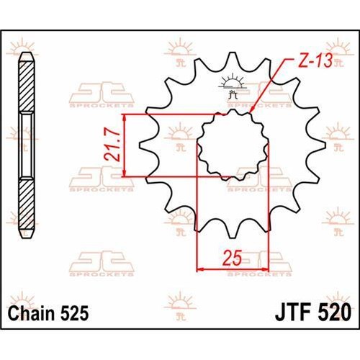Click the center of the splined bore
232,144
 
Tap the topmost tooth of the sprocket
232,60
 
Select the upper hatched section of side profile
27,86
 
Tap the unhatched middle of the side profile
27,144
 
